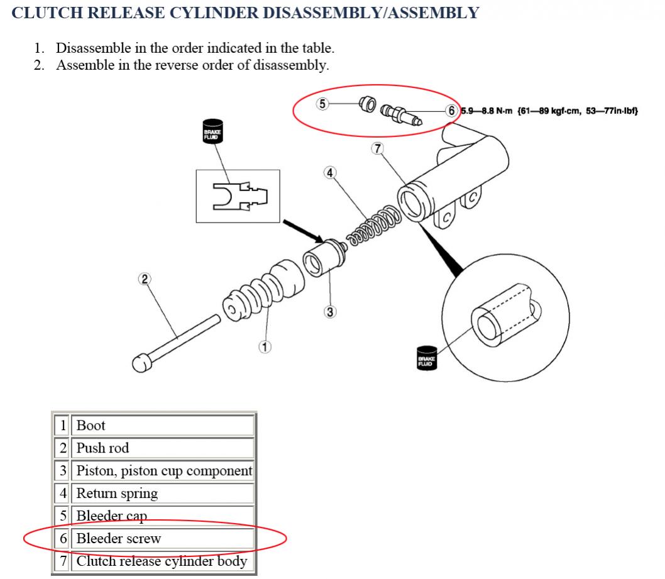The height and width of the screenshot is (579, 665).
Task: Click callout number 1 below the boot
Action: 265,347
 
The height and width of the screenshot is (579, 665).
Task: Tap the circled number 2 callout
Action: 145,279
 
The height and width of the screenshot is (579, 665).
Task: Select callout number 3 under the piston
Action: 330,312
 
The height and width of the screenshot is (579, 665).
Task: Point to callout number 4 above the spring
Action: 330,173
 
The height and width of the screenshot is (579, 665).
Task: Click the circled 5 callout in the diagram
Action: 322,104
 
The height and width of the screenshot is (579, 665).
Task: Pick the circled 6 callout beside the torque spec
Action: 451,111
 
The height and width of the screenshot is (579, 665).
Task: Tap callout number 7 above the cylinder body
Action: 378,148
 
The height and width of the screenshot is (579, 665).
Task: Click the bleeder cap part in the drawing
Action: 367,104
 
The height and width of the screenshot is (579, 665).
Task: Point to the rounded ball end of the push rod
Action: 141,363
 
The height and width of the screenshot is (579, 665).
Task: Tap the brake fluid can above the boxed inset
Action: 212,131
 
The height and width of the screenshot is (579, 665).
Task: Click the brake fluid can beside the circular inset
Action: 427,358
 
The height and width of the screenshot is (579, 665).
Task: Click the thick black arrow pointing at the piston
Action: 303,231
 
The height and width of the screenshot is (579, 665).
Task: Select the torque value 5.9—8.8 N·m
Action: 487,111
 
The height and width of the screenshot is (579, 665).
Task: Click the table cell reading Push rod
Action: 162,448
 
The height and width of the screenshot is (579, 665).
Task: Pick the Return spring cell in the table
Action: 162,494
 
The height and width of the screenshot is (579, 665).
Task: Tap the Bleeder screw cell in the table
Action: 162,538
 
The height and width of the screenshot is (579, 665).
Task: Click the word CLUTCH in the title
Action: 47,13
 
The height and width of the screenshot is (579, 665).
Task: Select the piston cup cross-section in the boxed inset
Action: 240,196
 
